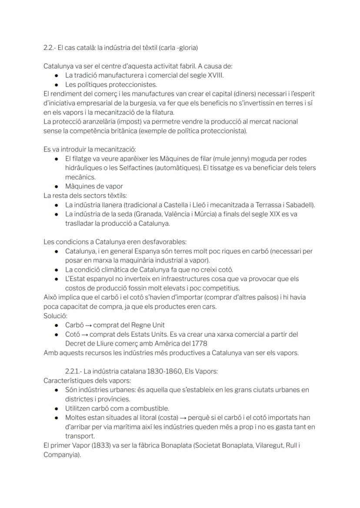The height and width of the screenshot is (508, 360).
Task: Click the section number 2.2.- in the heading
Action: point(50,47)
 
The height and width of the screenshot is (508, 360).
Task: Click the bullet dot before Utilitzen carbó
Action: point(57,408)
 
